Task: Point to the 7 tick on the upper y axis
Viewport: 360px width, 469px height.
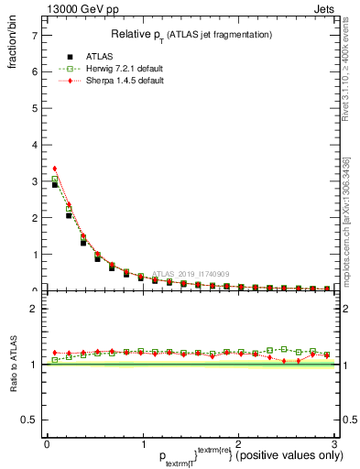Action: (x=34, y=35)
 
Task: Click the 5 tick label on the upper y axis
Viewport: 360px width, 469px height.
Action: (x=34, y=108)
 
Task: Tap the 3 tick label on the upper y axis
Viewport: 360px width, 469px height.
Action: (x=34, y=181)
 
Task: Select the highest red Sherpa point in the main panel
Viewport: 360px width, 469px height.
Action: (x=55, y=169)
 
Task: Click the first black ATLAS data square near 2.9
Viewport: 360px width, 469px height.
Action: (x=55, y=185)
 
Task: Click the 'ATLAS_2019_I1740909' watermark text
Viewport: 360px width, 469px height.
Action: (x=192, y=273)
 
